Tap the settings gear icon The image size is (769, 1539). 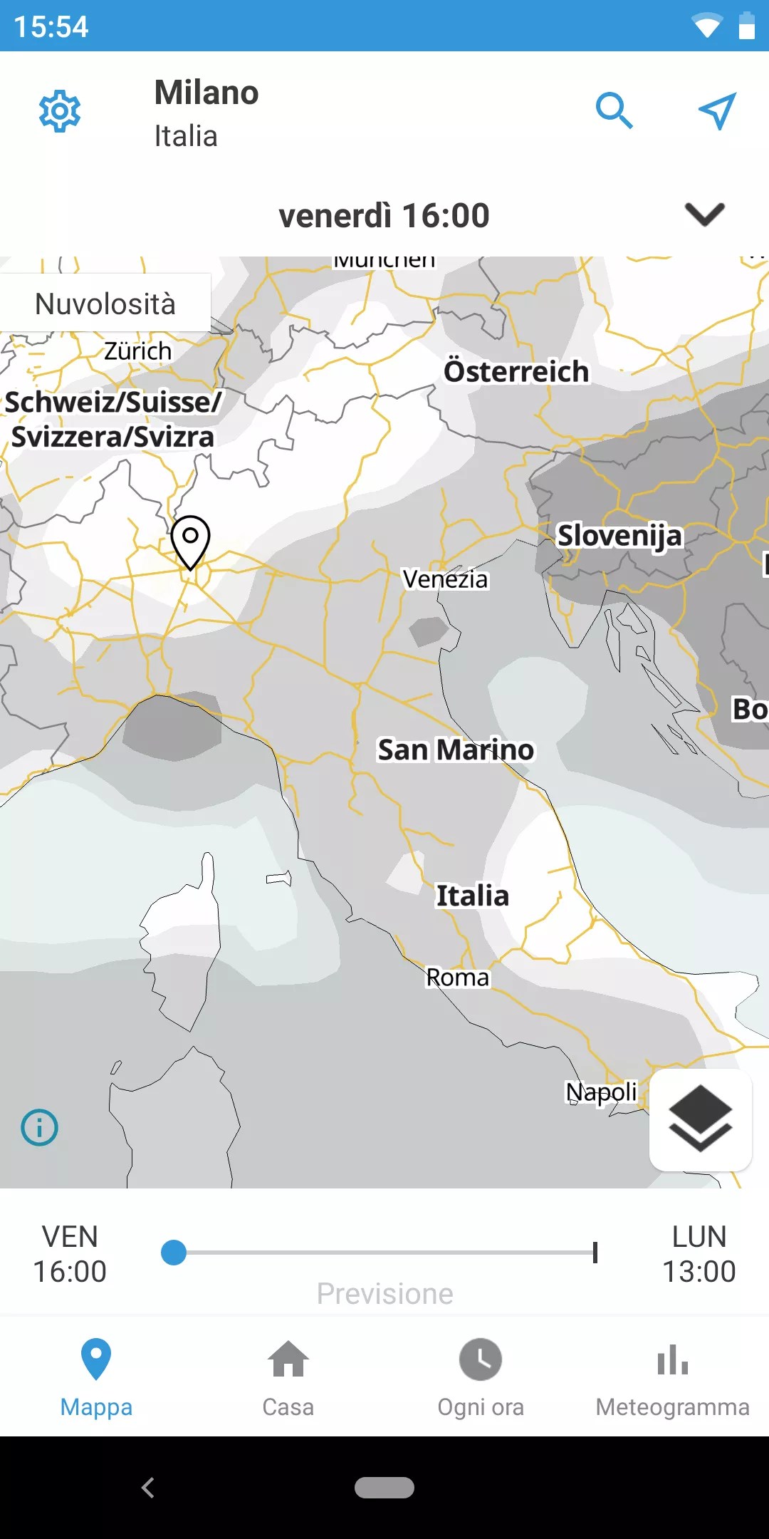pos(60,111)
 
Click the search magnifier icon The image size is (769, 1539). pos(614,110)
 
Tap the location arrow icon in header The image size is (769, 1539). pos(716,111)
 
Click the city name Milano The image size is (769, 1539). pos(206,93)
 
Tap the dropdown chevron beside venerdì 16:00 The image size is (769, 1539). pos(704,214)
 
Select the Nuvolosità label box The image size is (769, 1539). pos(105,304)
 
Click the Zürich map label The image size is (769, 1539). pos(138,351)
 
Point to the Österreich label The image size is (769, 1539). pos(516,371)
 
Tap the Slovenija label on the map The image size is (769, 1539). pos(619,535)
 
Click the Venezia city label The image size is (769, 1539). pos(445,579)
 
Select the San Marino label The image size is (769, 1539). pos(456,750)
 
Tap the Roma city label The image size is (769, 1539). pos(458,978)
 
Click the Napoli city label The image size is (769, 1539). pos(601,1092)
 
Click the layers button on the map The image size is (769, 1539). pos(701,1119)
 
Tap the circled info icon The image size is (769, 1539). pos(40,1128)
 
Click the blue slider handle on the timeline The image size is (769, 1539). pos(174,1253)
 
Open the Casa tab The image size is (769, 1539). pos(288,1377)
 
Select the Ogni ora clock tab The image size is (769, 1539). pos(481,1377)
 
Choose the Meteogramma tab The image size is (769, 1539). pos(673,1377)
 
